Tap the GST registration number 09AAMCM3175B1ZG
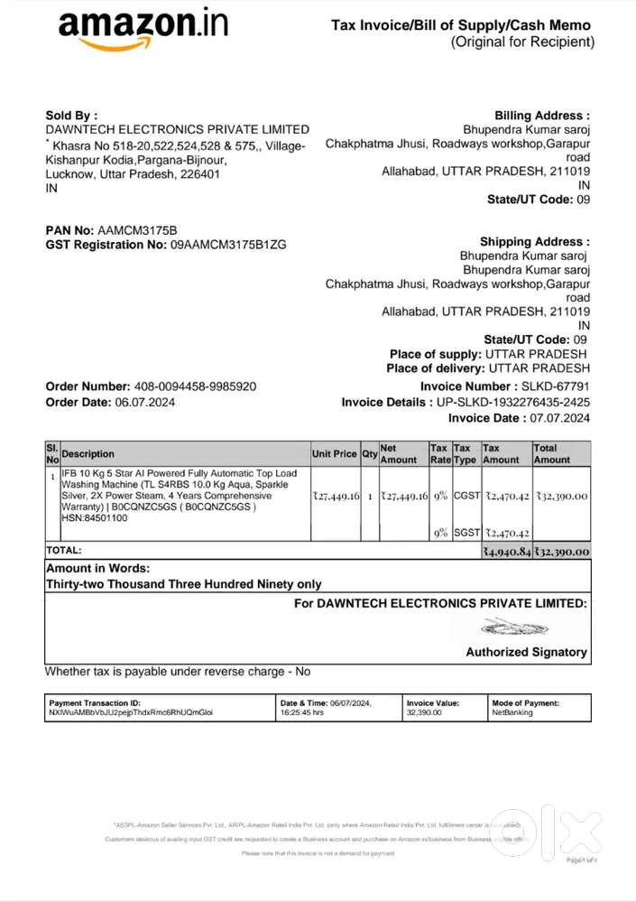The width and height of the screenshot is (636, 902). click(x=228, y=245)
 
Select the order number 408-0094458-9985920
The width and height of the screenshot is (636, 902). click(x=195, y=386)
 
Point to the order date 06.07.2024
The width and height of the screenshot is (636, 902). click(x=143, y=402)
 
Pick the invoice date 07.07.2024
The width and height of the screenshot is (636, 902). click(x=552, y=418)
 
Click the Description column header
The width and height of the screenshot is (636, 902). click(x=88, y=454)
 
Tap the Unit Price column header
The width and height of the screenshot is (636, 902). click(x=335, y=454)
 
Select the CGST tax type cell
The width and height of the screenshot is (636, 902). click(x=465, y=496)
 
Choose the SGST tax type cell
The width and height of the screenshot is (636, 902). click(x=465, y=534)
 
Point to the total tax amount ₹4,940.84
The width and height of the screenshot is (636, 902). click(x=507, y=551)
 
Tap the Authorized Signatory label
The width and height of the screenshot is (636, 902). click(x=526, y=652)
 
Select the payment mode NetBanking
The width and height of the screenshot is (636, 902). click(x=512, y=712)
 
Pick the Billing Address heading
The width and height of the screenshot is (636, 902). click(x=542, y=116)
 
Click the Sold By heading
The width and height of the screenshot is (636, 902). click(x=71, y=116)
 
